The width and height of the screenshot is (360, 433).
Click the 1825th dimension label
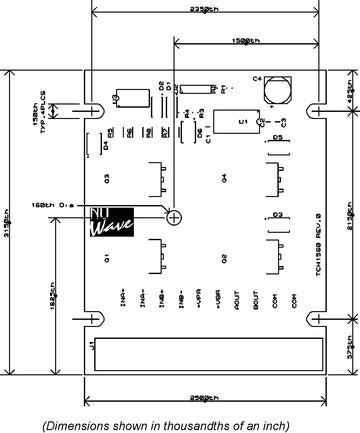53,301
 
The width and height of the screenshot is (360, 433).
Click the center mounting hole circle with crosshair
174,215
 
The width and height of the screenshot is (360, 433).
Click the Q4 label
225,177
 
